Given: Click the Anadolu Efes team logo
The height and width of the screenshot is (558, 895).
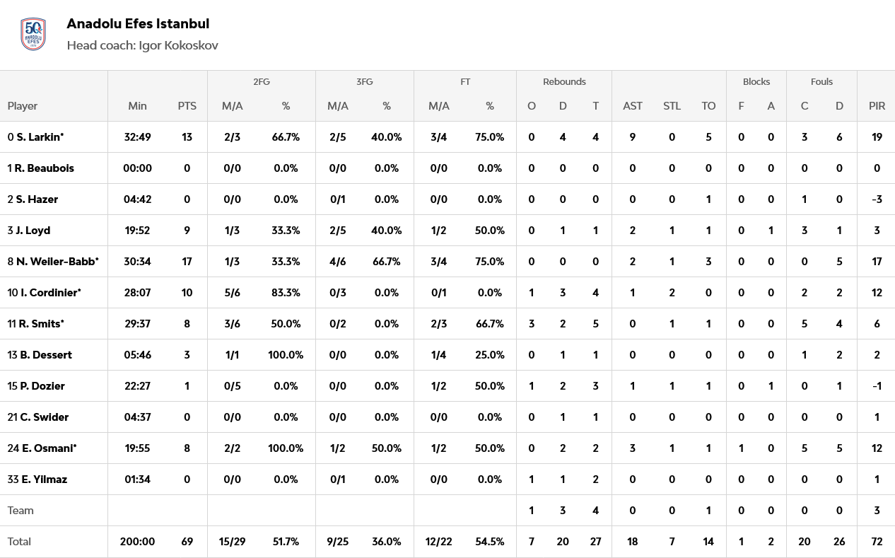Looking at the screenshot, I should click(34, 34).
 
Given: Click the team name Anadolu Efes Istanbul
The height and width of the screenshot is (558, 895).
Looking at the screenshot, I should click(138, 23).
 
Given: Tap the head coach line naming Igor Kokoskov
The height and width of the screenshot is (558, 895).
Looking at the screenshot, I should click(142, 45).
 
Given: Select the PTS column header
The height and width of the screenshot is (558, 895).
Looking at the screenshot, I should click(187, 106).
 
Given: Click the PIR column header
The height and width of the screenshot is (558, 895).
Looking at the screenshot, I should click(877, 106).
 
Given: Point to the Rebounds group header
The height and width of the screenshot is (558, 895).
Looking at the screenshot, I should click(564, 82).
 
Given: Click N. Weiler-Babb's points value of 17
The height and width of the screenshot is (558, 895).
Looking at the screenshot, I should click(187, 262).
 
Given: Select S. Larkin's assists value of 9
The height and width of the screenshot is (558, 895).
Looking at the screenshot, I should click(633, 137).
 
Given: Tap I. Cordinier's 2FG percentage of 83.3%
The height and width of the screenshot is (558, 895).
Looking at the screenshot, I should click(286, 293).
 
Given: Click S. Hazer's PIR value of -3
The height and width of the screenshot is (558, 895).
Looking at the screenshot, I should click(877, 199).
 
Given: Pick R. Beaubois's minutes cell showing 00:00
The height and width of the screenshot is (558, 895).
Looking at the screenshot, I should click(137, 168).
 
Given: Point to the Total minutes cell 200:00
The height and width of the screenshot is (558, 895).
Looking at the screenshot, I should click(137, 542).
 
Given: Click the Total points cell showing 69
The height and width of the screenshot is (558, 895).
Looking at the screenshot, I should click(187, 542).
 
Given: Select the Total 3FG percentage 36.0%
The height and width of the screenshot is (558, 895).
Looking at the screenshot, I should click(387, 542).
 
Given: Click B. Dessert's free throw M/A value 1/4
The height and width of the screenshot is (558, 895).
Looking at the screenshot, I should click(439, 355).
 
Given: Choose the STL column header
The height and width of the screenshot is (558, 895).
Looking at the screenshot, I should click(672, 106).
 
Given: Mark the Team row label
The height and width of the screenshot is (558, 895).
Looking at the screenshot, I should click(21, 511).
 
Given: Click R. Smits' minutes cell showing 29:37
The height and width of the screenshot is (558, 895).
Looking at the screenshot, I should click(137, 324).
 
